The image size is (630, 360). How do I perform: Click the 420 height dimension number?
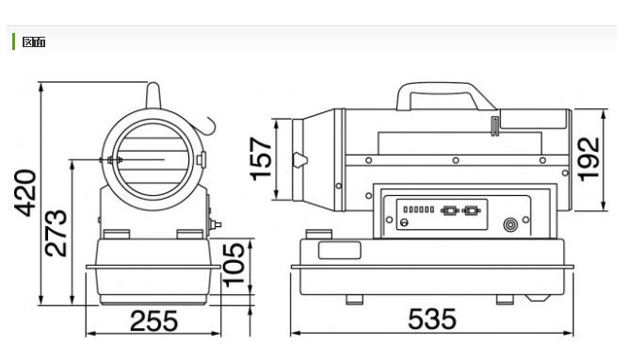tap(24, 193)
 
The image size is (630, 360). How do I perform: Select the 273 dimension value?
tap(57, 234)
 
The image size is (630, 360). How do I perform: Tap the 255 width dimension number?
tap(153, 320)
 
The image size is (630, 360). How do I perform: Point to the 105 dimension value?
tap(234, 265)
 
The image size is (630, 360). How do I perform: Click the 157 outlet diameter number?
tap(260, 159)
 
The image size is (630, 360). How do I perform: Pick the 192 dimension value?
tap(589, 159)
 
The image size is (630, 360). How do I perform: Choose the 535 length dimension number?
tap(432, 319)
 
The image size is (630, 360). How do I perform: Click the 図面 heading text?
tap(34, 41)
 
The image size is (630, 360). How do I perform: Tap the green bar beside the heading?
tap(14, 41)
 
